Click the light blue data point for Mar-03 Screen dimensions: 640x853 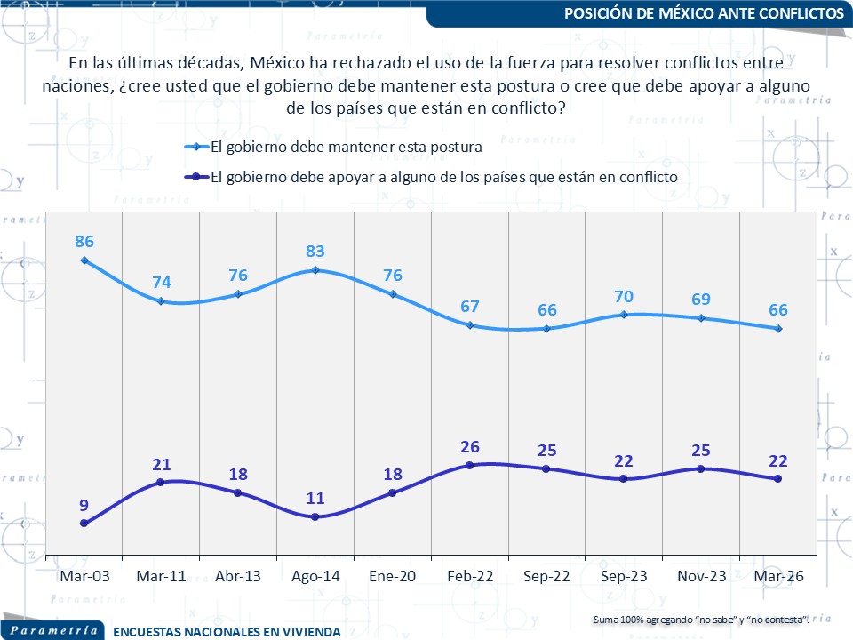pyautogui.click(x=84, y=260)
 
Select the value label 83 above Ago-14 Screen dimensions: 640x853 pyautogui.click(x=315, y=249)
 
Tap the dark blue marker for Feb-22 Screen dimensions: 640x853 pyautogui.click(x=469, y=465)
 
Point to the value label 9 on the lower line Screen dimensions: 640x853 pyautogui.click(x=84, y=505)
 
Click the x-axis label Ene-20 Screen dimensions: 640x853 pyautogui.click(x=393, y=576)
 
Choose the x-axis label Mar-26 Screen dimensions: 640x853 pyautogui.click(x=778, y=576)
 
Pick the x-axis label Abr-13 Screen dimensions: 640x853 pyautogui.click(x=238, y=576)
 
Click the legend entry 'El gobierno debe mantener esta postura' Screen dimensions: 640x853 pyautogui.click(x=347, y=147)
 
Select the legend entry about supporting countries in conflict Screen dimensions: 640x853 pyautogui.click(x=444, y=176)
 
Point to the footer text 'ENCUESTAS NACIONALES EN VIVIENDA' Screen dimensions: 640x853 pyautogui.click(x=227, y=632)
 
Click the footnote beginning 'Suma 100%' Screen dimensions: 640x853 pyautogui.click(x=701, y=619)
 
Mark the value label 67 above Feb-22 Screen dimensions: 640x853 pyautogui.click(x=470, y=307)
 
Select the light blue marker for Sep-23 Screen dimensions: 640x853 pyautogui.click(x=624, y=314)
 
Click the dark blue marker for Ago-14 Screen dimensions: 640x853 pyautogui.click(x=315, y=516)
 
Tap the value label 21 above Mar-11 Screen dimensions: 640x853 pyautogui.click(x=161, y=464)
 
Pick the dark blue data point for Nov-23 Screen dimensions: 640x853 pyautogui.click(x=701, y=468)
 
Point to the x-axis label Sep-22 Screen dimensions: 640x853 pyautogui.click(x=546, y=576)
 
